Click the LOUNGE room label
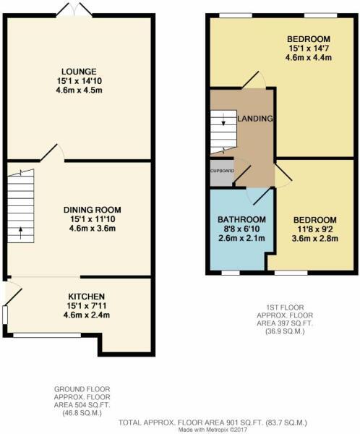coord(79,71)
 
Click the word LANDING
coord(255,119)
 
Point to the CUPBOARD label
coord(221,171)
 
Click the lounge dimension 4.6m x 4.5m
coord(79,91)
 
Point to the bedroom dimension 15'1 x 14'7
coord(308,49)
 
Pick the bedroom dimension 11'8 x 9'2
coord(314,230)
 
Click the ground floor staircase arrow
coord(20,234)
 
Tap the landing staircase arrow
coord(223,122)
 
